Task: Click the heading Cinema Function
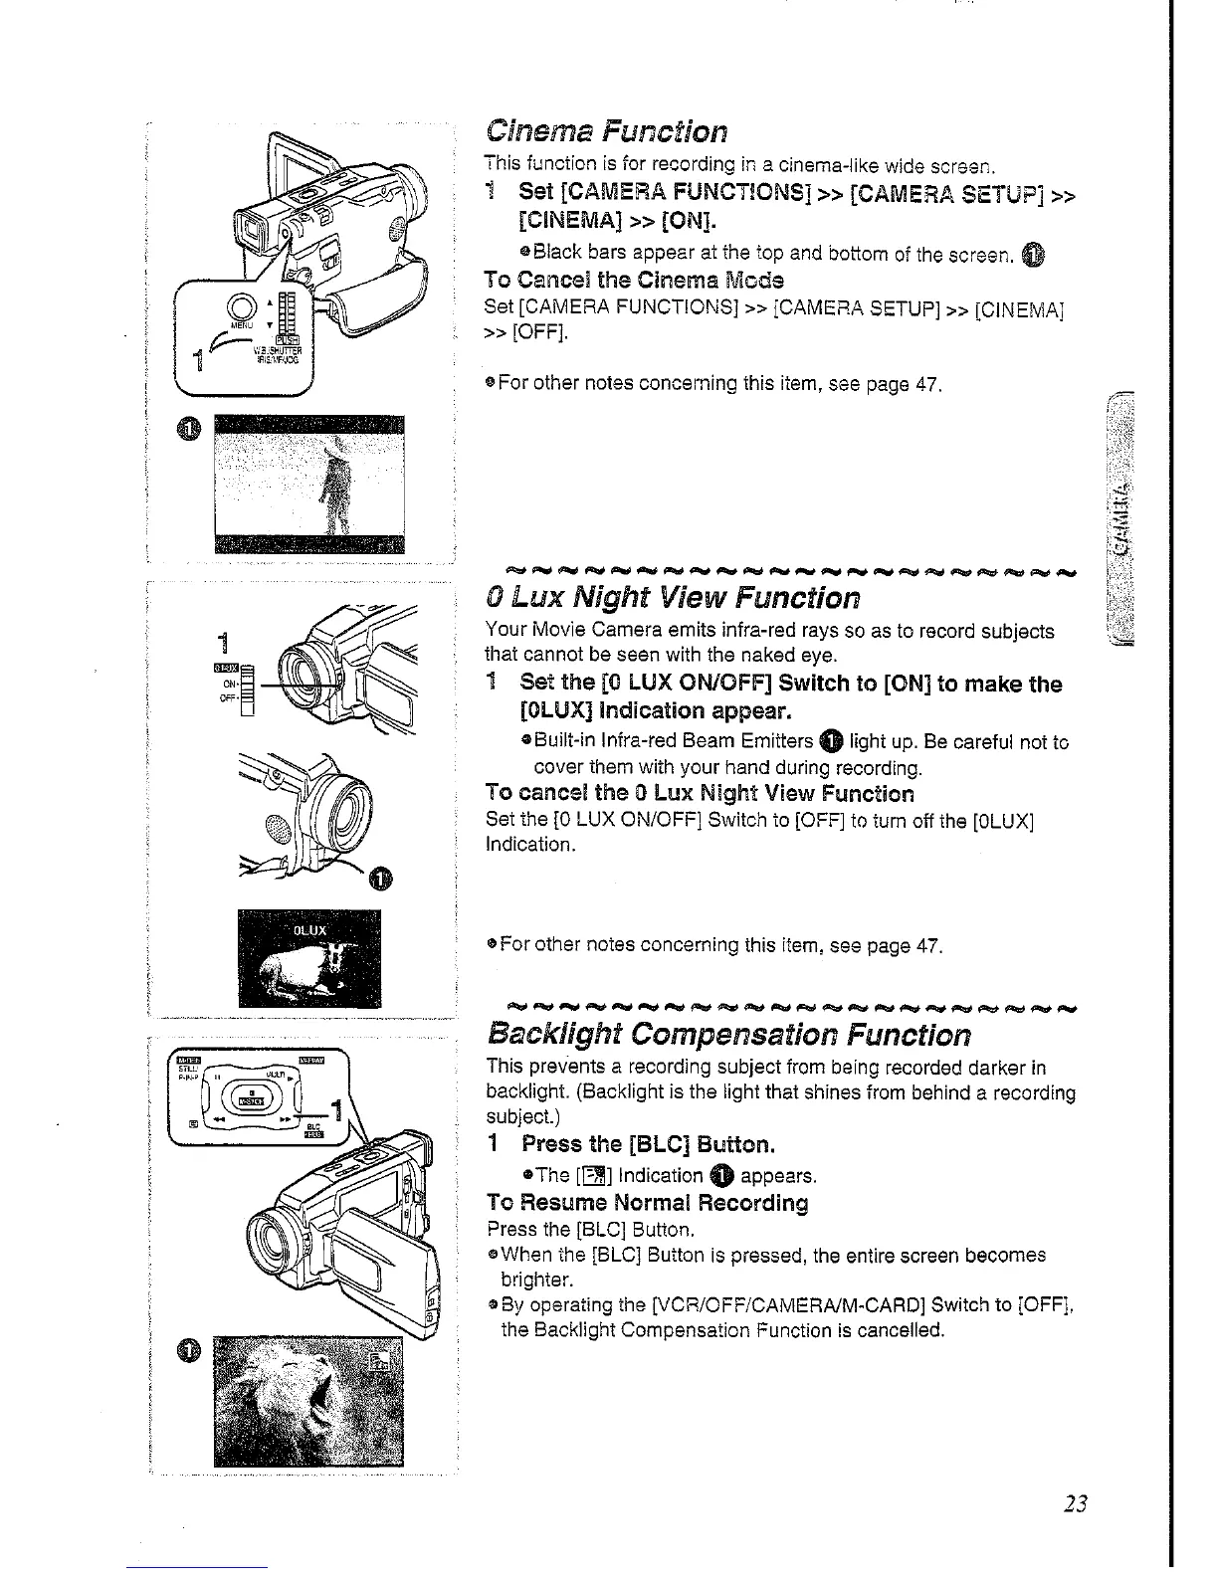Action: click(606, 131)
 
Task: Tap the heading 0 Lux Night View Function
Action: click(672, 598)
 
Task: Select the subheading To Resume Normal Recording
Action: click(647, 1203)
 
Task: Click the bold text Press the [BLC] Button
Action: click(648, 1144)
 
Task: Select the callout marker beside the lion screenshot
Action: click(190, 1349)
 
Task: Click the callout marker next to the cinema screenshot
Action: click(190, 428)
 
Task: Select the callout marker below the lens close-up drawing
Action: click(380, 877)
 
